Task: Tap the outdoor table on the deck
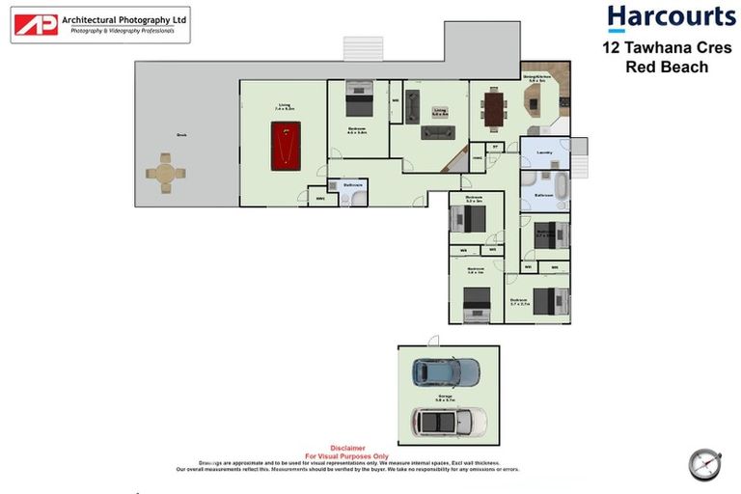165,174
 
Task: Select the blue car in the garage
445,372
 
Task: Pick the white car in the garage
449,421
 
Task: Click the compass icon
705,464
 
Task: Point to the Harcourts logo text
671,18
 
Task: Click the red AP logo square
36,24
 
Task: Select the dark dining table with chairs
495,107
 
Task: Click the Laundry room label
544,151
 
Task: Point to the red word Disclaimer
346,448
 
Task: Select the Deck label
180,135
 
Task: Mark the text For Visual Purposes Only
346,455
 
